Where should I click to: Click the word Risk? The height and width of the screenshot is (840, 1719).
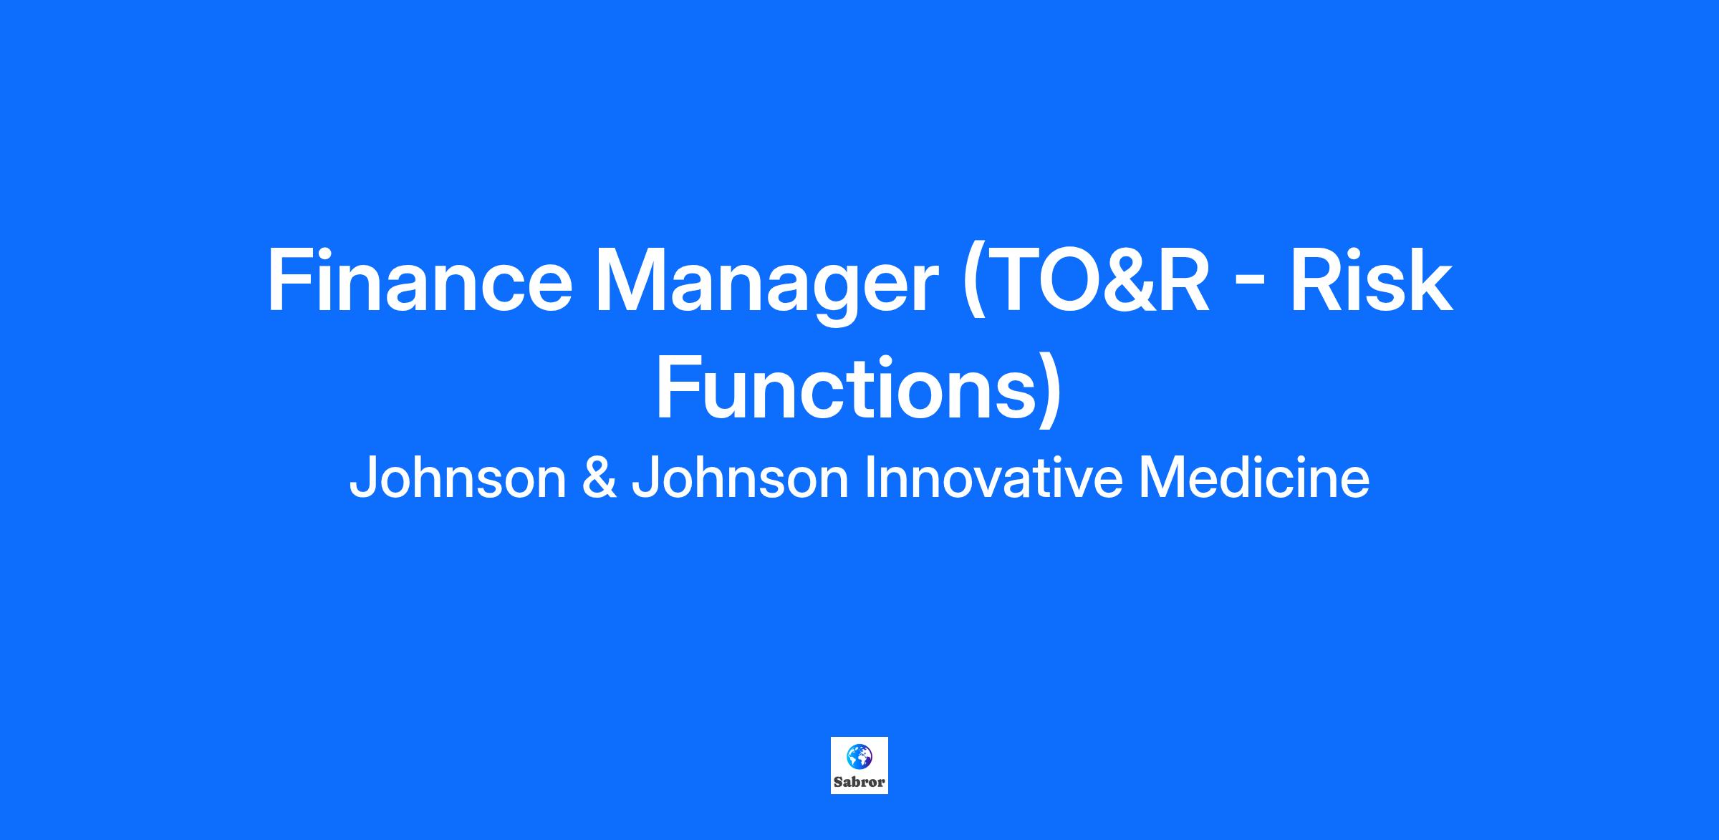click(x=1372, y=280)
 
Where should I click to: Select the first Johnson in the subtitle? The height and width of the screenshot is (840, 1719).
click(x=458, y=478)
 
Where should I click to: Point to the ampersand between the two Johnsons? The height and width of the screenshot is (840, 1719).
click(x=599, y=478)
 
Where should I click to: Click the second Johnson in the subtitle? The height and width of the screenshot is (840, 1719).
click(x=740, y=478)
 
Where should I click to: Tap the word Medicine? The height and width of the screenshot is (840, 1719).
click(x=1254, y=478)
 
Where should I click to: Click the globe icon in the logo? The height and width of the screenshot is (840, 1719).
click(x=860, y=756)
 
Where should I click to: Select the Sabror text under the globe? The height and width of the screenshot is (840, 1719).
click(x=860, y=782)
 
